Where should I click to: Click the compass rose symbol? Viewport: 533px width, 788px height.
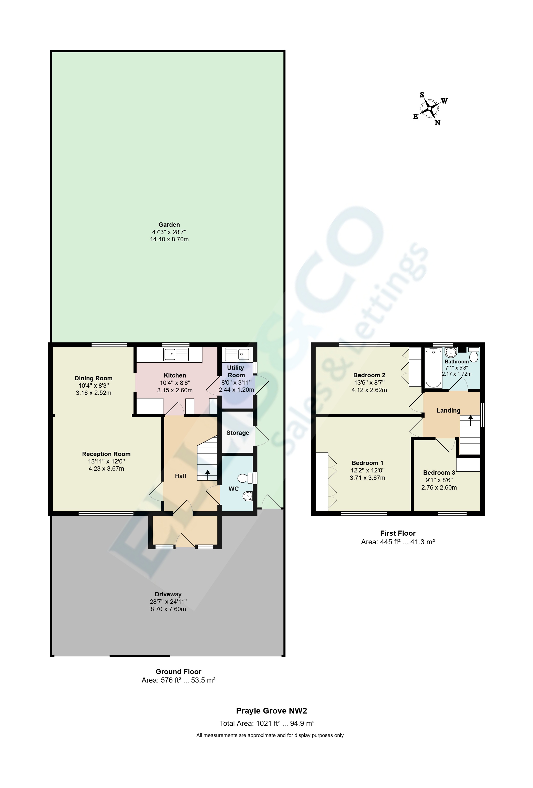click(x=429, y=109)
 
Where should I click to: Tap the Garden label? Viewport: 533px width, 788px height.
click(x=169, y=224)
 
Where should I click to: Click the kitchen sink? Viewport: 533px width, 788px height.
click(x=176, y=354)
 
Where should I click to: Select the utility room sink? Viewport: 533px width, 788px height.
click(x=237, y=354)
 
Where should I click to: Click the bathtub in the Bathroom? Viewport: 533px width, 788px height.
click(x=433, y=367)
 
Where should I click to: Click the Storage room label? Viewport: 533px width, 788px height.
click(x=238, y=433)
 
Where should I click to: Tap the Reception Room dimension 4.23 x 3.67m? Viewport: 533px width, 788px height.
click(x=106, y=469)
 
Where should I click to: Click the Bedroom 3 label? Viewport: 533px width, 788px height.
click(x=439, y=473)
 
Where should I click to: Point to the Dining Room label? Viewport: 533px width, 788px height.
click(x=94, y=378)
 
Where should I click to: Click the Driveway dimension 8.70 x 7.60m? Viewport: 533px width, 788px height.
click(x=168, y=609)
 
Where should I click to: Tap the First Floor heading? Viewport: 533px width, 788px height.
click(x=397, y=533)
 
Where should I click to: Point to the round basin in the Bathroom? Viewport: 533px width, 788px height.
click(x=451, y=353)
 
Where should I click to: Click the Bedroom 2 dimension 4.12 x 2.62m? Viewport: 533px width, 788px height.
click(x=369, y=390)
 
